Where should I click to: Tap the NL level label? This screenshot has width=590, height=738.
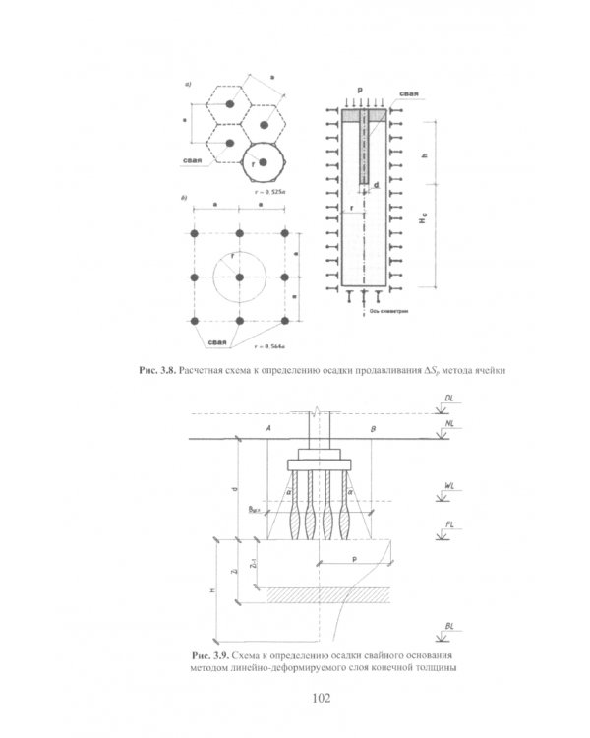coord(449,423)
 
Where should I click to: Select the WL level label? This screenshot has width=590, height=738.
coord(449,485)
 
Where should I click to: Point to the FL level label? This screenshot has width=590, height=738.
coord(449,526)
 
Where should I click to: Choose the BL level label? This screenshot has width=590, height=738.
coord(449,626)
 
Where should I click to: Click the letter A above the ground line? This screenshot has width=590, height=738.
coord(267,429)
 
